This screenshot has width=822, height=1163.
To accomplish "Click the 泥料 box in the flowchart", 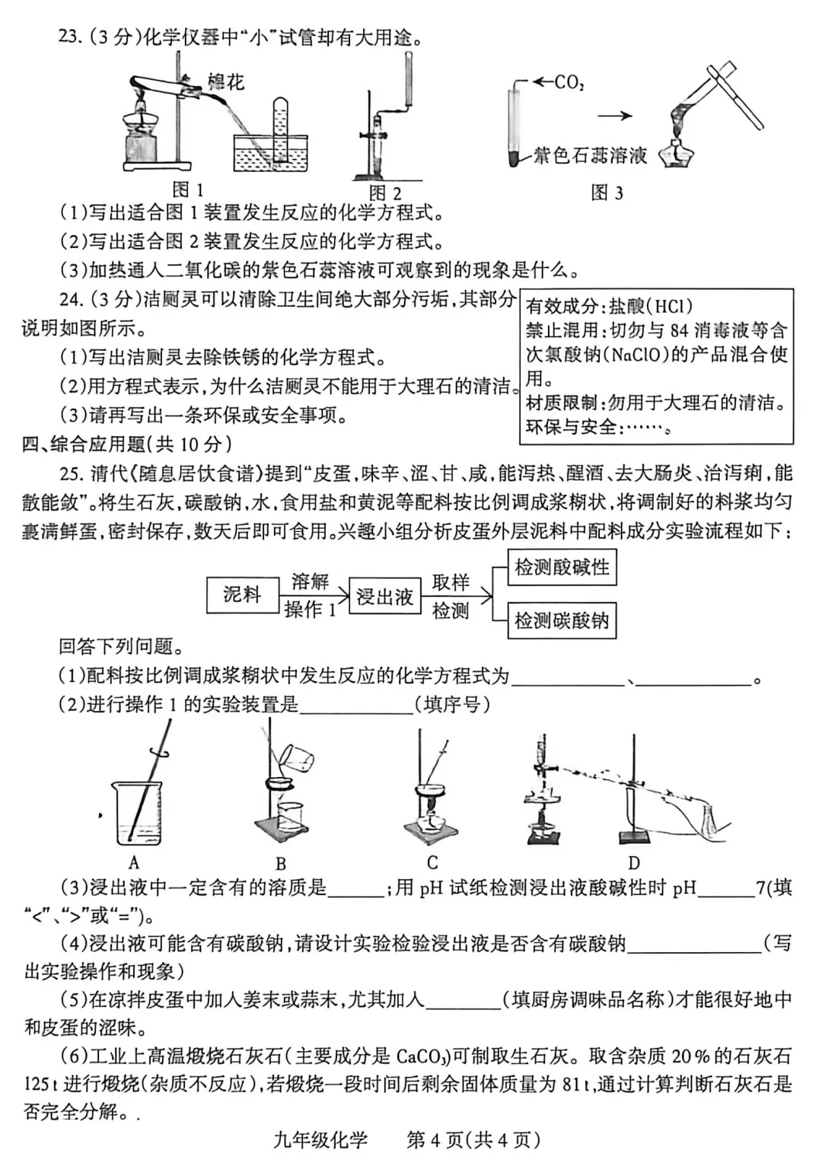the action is (242, 594).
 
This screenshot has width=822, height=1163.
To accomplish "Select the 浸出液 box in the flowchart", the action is (384, 597).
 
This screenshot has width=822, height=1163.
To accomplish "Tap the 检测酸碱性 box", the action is (562, 568).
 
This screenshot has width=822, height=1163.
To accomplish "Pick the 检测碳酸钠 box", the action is (562, 620).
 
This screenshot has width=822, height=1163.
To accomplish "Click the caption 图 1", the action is (188, 190).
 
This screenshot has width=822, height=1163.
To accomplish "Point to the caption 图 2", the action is (385, 193).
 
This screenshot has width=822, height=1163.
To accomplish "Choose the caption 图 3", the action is (607, 193).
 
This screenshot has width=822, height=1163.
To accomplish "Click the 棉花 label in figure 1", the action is (225, 81).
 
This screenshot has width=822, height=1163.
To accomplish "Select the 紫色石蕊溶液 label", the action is (590, 156).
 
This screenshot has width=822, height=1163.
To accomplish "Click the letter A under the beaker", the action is (134, 862).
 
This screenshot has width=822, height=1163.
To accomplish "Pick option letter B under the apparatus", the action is (281, 864).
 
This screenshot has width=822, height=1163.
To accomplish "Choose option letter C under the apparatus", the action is (432, 862).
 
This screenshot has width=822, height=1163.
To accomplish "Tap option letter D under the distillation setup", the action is (634, 862).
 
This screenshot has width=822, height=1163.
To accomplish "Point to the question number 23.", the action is (69, 37).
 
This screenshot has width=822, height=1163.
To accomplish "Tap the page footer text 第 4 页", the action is (435, 1139).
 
